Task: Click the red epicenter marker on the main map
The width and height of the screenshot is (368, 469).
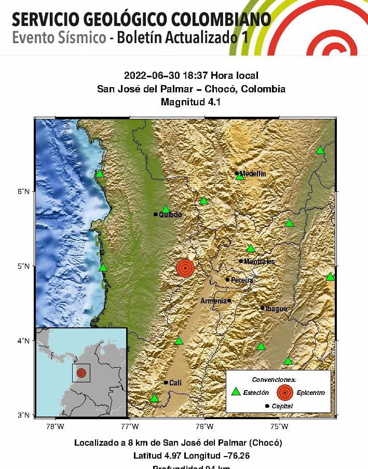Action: click(x=185, y=268)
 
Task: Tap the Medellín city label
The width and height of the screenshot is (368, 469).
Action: click(x=253, y=174)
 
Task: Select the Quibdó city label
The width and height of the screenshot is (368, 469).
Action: click(x=170, y=214)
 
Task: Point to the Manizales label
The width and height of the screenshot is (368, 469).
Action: click(x=260, y=261)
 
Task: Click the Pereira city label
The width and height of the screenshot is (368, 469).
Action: click(x=242, y=280)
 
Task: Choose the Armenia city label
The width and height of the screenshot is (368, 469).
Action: click(x=213, y=301)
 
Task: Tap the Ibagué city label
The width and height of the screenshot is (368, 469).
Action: click(x=276, y=308)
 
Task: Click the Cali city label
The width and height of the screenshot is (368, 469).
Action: click(x=175, y=383)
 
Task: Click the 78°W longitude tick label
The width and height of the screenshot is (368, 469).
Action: click(x=55, y=426)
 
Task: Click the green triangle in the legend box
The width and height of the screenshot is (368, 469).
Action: click(x=236, y=392)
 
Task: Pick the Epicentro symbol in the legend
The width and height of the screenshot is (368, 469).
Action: click(x=284, y=392)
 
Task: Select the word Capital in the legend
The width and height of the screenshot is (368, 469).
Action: click(x=282, y=406)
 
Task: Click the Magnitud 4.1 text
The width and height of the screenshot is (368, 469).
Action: click(x=191, y=102)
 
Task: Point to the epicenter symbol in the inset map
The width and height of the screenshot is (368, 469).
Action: click(x=81, y=373)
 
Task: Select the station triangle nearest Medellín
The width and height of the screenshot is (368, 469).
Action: click(x=239, y=176)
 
